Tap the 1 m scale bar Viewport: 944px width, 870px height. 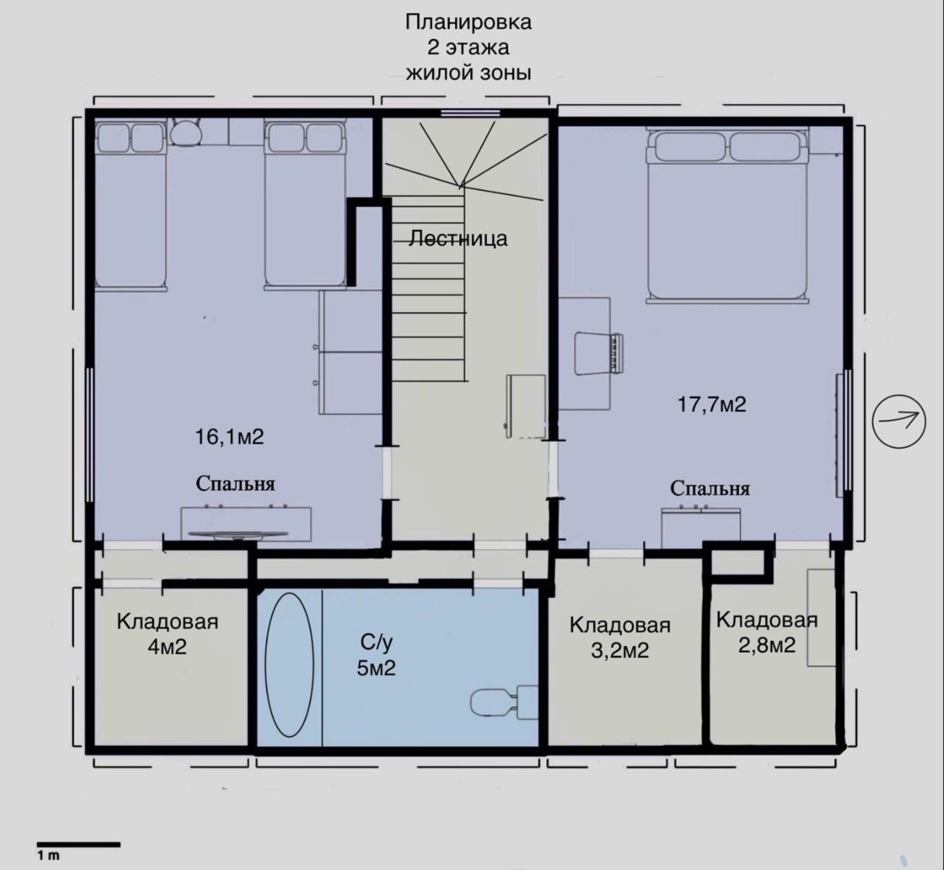coord(78,845)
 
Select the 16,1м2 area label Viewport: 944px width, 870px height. coord(229,437)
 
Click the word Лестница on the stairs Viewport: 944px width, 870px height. coord(458,238)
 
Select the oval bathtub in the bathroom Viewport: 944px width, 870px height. coord(289,665)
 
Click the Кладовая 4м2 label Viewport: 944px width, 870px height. coord(168,634)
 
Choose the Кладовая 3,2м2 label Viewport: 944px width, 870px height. coord(620,637)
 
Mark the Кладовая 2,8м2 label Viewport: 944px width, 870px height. coord(767,632)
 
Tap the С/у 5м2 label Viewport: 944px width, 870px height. coord(376,655)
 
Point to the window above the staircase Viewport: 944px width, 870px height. coord(470,113)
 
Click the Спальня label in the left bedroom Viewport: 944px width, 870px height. coord(235,484)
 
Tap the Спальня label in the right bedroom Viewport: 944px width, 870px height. coord(710,488)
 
